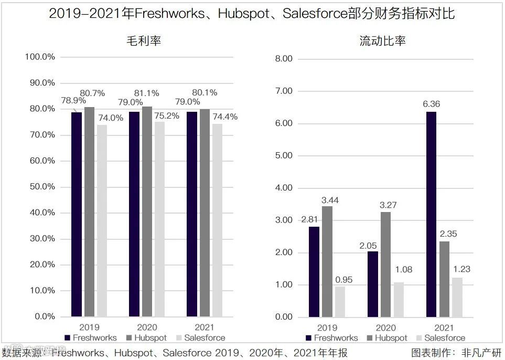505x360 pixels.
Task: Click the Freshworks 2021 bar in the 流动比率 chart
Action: tap(432, 214)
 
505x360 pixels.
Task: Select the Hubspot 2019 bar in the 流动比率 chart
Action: tap(327, 261)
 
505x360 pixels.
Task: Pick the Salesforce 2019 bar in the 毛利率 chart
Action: tap(102, 220)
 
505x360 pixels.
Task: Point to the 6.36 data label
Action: tap(431, 104)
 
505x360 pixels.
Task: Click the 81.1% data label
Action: tap(147, 93)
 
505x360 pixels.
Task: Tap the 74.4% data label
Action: tap(225, 117)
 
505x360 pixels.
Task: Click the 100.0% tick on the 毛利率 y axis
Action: tap(40, 57)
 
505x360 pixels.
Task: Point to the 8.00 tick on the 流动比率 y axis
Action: tap(283, 59)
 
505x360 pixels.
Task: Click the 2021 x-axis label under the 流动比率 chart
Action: tap(444, 327)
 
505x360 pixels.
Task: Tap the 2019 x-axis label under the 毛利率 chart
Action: tap(89, 327)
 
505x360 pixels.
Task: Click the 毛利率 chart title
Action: tap(143, 40)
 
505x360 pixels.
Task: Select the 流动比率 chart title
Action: tap(382, 40)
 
